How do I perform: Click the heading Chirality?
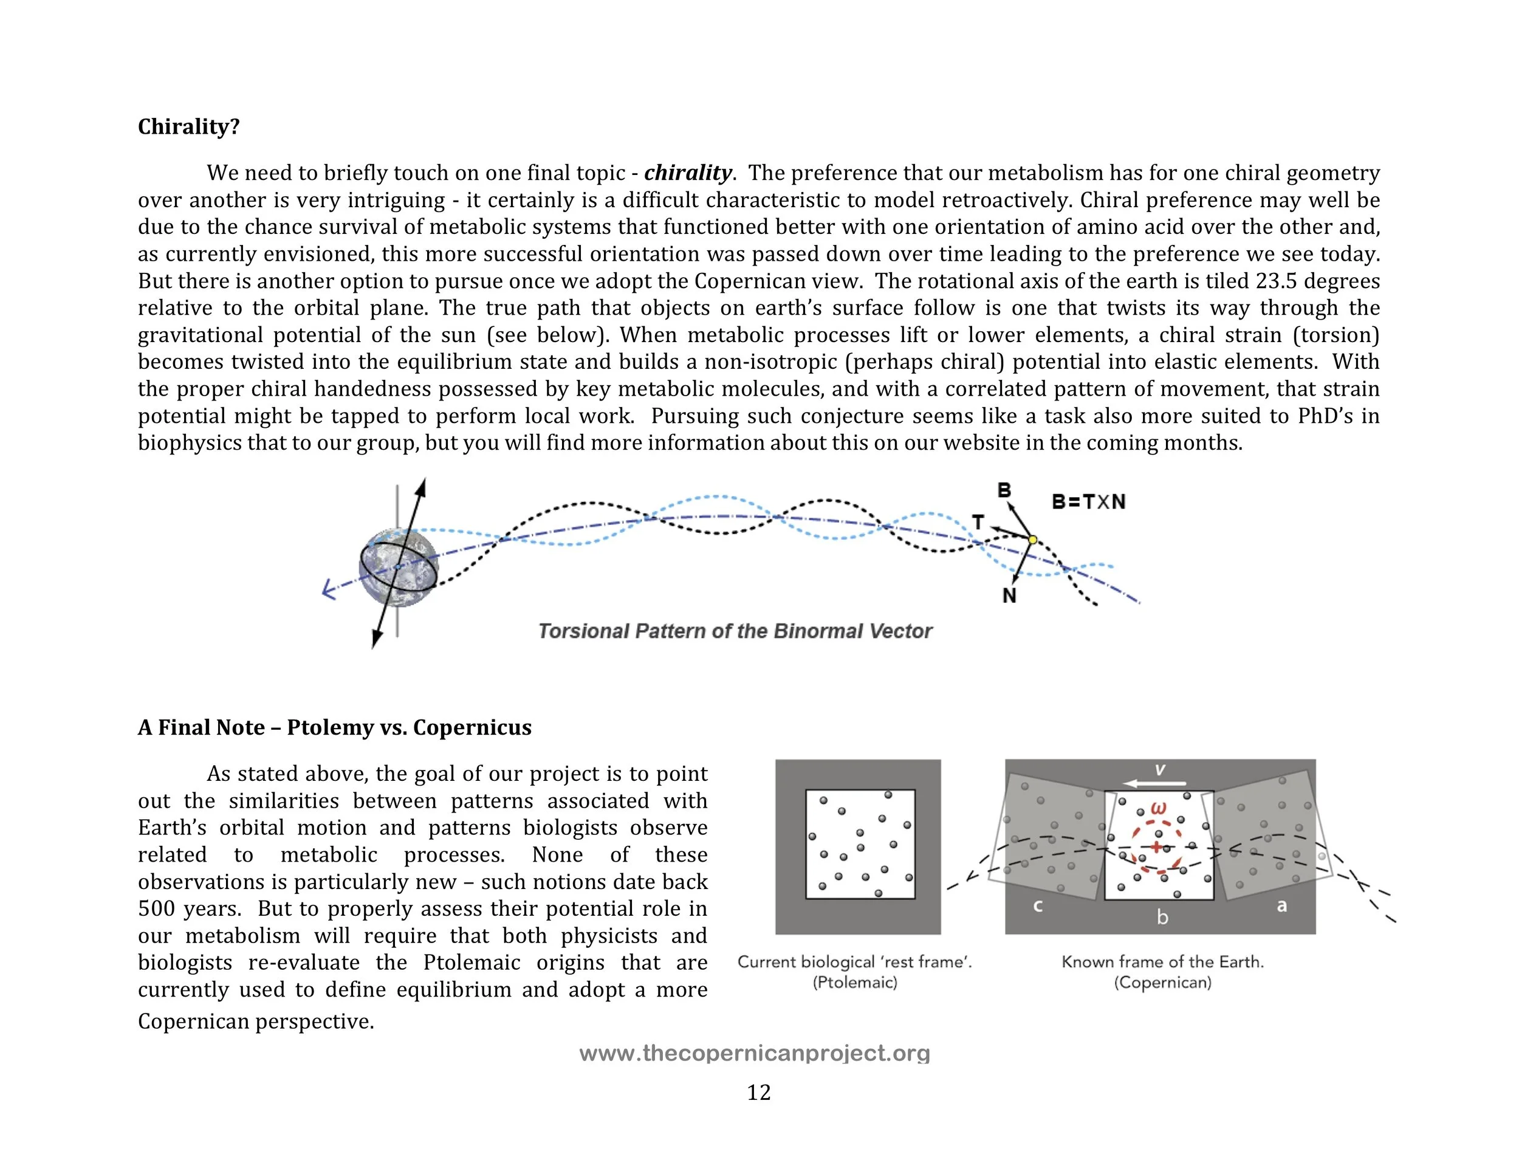tap(188, 126)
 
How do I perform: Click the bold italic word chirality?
tap(687, 173)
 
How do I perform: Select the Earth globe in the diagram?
tap(399, 568)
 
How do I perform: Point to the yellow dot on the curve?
tap(1033, 540)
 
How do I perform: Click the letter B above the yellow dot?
tap(1004, 490)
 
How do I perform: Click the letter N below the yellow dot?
tap(1009, 596)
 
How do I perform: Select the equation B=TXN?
tap(1088, 501)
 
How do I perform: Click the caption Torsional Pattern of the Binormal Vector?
tap(735, 631)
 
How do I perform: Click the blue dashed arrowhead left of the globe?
tap(328, 591)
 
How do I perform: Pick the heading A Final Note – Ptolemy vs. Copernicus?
tap(335, 727)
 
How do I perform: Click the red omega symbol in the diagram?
tap(1159, 809)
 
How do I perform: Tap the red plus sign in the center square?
tap(1156, 846)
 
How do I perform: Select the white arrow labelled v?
tap(1154, 783)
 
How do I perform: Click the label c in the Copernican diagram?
tap(1038, 906)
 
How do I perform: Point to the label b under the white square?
tap(1162, 918)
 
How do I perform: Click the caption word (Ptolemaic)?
tap(855, 982)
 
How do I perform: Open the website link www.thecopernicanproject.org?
tap(755, 1053)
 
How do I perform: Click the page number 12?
tap(759, 1093)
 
